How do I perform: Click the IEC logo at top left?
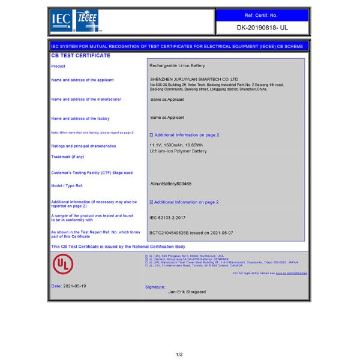[x=62, y=20]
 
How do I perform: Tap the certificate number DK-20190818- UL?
[x=262, y=28]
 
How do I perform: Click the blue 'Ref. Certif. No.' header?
[x=262, y=14]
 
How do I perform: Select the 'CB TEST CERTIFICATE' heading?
[x=81, y=55]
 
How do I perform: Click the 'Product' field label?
[x=58, y=66]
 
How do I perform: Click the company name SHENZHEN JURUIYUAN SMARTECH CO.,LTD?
[x=194, y=79]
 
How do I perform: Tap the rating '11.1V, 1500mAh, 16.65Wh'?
[x=176, y=145]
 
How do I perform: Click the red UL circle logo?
[x=61, y=263]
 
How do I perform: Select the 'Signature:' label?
[x=155, y=287]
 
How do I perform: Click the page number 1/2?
[x=179, y=354]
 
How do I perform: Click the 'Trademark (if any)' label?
[x=68, y=157]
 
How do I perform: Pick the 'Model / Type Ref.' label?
[x=67, y=186]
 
